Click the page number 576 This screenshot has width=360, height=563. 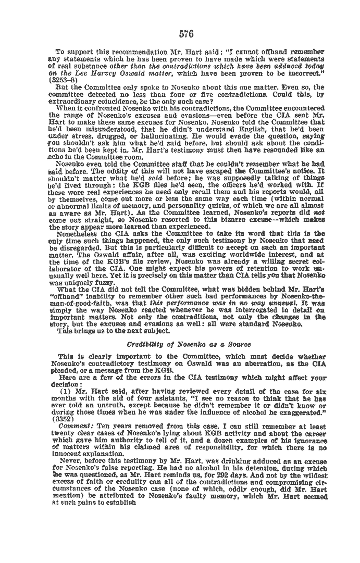(x=186, y=34)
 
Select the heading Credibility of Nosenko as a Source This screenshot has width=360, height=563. (x=189, y=344)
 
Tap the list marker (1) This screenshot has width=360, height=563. (x=66, y=391)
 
